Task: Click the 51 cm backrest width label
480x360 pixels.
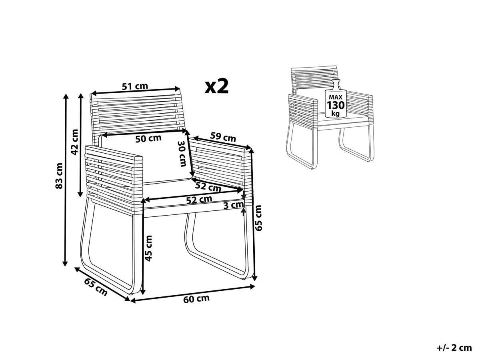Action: coord(135,86)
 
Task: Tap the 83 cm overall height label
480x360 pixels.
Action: coord(59,176)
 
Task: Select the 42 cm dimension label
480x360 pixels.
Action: coord(74,142)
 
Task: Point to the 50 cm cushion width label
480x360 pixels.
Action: coord(148,138)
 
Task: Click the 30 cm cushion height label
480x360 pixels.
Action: coord(182,154)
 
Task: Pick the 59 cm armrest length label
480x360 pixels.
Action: coord(223,137)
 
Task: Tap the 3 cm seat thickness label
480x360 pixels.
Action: coord(234,205)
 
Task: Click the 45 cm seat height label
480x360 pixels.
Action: coord(148,248)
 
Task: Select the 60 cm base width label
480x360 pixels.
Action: coord(196,299)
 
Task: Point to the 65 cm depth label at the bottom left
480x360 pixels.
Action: coord(96,287)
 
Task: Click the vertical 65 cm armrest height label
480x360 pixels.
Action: coord(258,218)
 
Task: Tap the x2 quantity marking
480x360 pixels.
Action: coord(216,87)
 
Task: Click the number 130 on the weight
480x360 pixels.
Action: coord(336,105)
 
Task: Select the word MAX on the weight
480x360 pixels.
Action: coord(336,97)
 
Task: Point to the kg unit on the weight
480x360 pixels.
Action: coord(336,114)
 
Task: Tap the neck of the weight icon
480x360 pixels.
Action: coord(336,84)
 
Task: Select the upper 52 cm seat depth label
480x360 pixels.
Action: coord(208,187)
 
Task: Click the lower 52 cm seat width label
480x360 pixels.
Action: coord(199,199)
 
